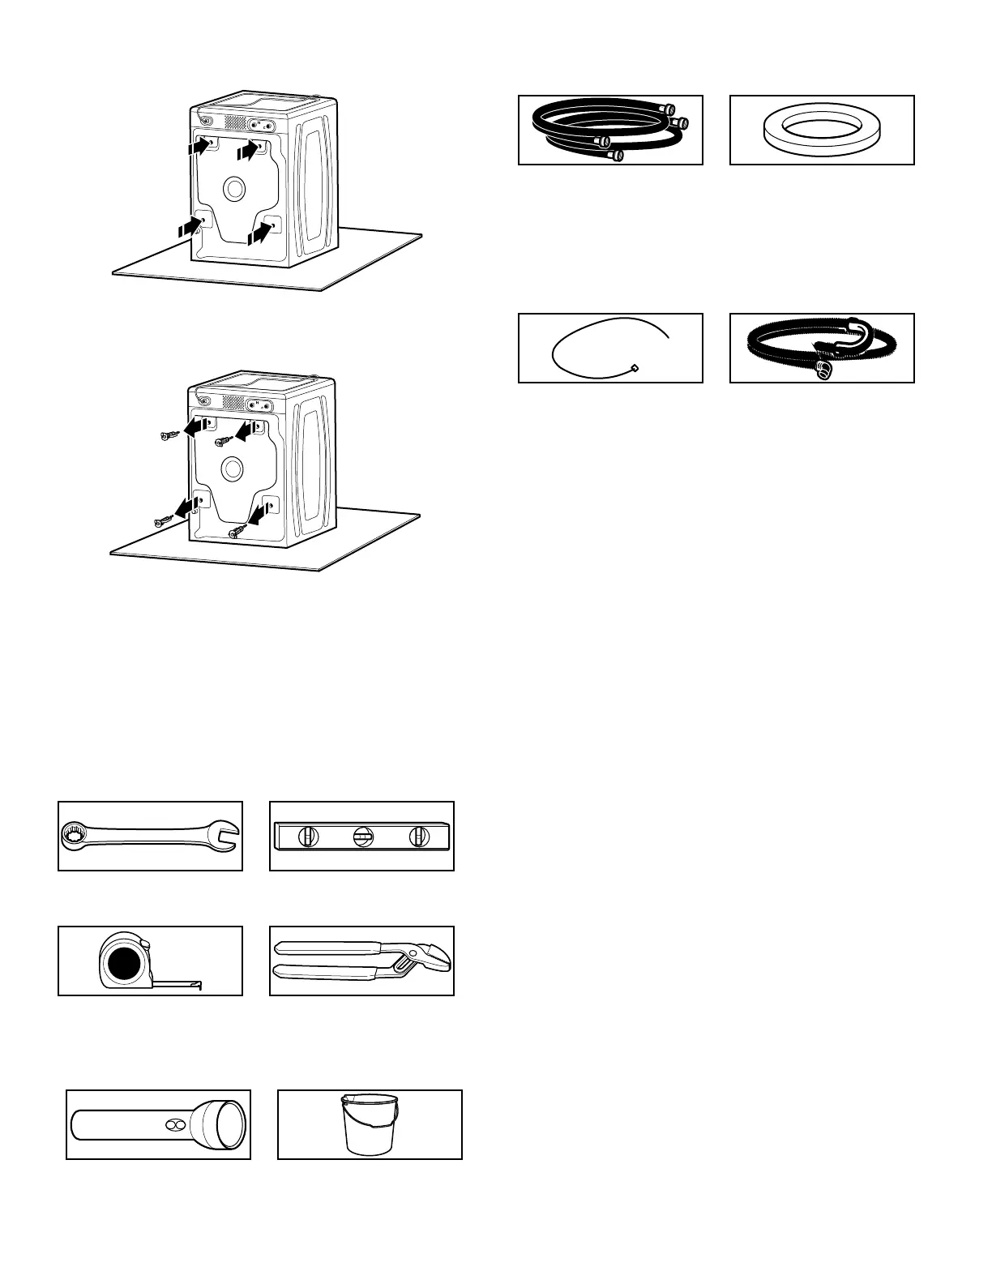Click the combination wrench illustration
150,836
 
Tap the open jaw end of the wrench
224,837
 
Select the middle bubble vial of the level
362,837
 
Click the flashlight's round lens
229,1124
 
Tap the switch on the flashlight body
173,1125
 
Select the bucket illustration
369,1123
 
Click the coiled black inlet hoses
608,130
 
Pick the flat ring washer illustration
822,131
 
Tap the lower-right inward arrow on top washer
259,233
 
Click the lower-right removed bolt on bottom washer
238,531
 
